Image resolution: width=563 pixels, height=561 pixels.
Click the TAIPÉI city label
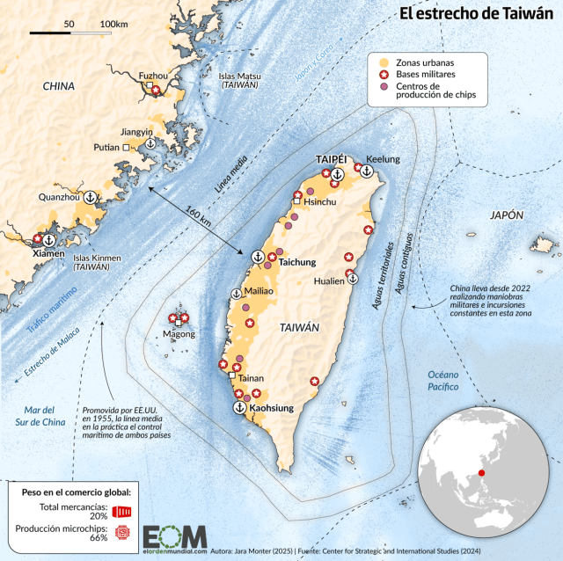pos(333,159)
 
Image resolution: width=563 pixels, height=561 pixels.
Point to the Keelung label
pos(383,159)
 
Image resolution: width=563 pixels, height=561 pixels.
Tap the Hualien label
pos(331,282)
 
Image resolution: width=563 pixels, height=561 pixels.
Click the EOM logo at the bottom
pos(175,537)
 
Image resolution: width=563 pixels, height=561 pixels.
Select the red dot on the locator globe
pos(481,473)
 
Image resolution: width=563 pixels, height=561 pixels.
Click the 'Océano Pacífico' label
pos(445,380)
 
